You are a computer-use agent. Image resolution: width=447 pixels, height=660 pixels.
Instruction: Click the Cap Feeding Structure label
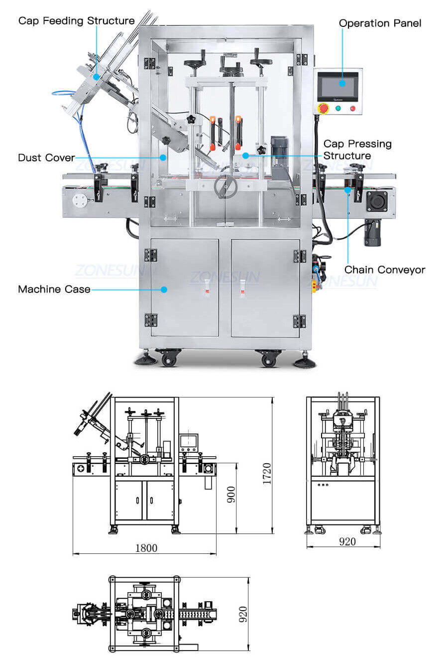click(76, 21)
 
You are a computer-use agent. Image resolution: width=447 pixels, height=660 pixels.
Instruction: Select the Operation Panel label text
click(380, 23)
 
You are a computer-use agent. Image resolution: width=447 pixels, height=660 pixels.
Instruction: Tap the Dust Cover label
click(46, 158)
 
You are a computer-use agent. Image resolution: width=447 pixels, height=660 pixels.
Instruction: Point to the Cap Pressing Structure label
click(357, 149)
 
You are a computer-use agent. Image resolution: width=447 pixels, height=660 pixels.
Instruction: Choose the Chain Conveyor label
click(385, 270)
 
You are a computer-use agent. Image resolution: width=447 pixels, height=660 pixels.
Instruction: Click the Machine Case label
click(54, 289)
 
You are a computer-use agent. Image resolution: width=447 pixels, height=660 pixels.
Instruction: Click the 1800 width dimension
click(146, 548)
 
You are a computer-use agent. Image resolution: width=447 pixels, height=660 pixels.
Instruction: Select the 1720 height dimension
click(267, 474)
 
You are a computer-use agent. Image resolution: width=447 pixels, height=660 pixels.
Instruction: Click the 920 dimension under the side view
click(347, 541)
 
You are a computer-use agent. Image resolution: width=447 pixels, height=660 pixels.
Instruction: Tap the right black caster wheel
click(268, 359)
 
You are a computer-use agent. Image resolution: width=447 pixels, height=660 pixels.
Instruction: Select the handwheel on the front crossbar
click(225, 187)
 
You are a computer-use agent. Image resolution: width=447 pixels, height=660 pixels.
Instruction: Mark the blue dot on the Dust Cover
click(163, 157)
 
